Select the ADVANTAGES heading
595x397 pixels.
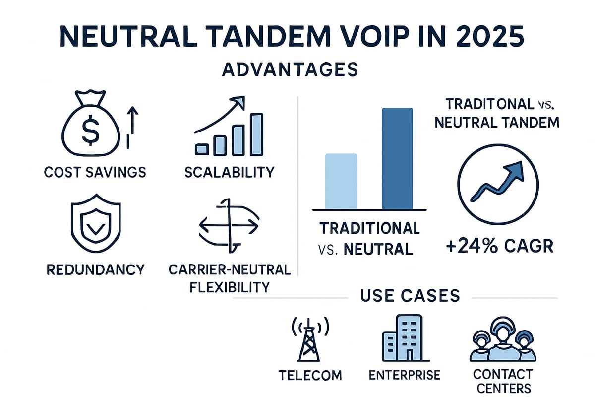click(x=290, y=69)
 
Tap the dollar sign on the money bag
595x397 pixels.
click(x=91, y=131)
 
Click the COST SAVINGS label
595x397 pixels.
click(x=95, y=172)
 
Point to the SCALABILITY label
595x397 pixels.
click(x=229, y=172)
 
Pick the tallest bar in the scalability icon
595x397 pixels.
click(x=256, y=134)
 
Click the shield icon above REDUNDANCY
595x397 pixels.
click(x=96, y=223)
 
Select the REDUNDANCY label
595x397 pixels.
click(x=95, y=269)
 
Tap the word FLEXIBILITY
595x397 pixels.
click(x=230, y=287)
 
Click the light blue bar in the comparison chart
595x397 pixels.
click(x=341, y=181)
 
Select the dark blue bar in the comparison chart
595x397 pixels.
click(x=397, y=158)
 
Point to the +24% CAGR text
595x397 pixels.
click(x=499, y=246)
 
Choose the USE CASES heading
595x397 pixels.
click(x=410, y=295)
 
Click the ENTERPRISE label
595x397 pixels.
click(x=405, y=375)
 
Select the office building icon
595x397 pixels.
click(x=406, y=338)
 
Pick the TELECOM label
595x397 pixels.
click(x=310, y=376)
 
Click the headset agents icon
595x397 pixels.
click(x=503, y=339)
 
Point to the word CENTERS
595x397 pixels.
click(x=504, y=389)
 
